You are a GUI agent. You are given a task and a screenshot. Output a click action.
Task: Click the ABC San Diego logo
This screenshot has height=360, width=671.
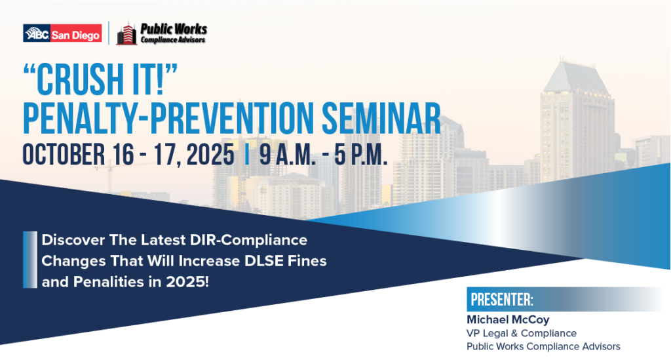(x=62, y=33)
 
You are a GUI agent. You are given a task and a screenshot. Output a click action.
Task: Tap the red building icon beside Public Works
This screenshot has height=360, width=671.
(x=126, y=33)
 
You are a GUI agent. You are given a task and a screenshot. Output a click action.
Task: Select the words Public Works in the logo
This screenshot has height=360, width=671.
(x=174, y=29)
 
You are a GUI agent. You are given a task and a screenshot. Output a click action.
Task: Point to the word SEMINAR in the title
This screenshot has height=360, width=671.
(x=381, y=118)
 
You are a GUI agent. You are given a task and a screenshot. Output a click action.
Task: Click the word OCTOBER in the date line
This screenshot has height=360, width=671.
(x=64, y=155)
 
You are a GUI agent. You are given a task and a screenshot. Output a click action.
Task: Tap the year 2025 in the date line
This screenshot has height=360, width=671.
(x=210, y=155)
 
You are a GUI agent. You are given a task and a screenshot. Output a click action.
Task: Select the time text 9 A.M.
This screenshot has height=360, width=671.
(x=287, y=155)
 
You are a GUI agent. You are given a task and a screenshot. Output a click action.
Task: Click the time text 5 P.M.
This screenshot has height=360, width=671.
(x=361, y=155)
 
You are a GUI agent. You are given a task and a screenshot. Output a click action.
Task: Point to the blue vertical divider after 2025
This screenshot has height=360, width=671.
(x=246, y=155)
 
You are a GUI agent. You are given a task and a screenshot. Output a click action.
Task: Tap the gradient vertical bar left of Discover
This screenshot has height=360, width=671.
(x=30, y=260)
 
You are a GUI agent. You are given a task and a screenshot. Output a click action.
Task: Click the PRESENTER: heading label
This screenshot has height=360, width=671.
(x=502, y=300)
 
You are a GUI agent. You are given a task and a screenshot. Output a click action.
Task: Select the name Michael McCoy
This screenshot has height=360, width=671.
(x=508, y=319)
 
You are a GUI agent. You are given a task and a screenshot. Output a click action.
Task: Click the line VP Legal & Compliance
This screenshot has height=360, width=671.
(x=522, y=333)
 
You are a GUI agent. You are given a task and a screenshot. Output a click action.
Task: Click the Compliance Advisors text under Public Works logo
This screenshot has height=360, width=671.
(x=173, y=40)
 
